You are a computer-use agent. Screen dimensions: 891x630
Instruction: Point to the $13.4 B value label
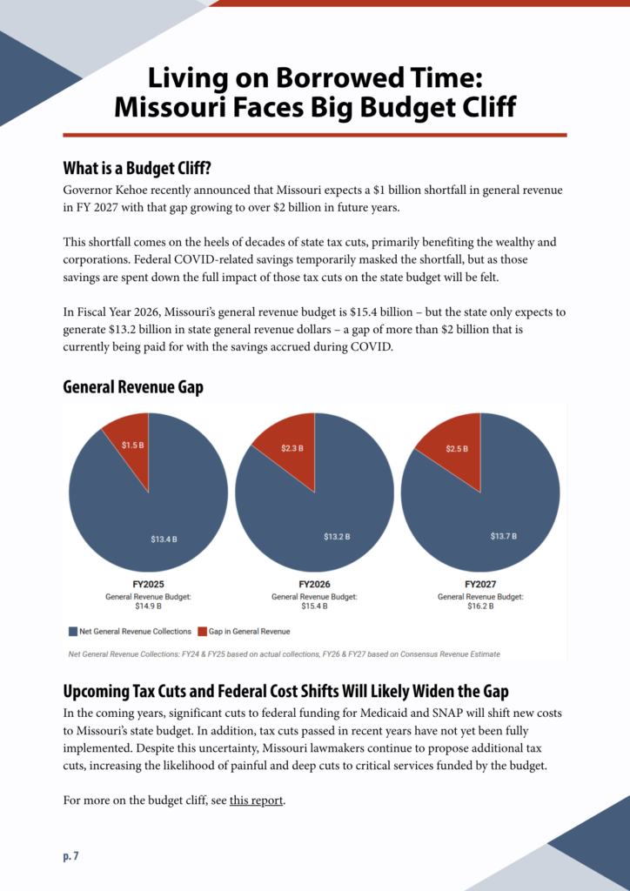(x=164, y=539)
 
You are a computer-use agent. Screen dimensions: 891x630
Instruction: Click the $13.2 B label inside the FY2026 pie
(x=338, y=536)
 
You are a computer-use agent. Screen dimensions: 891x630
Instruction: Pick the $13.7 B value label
(x=503, y=536)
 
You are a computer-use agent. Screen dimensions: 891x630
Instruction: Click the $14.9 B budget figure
(x=148, y=606)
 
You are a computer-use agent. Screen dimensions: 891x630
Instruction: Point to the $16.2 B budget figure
(x=480, y=606)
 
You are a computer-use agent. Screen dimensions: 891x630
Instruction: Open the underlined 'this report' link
(x=257, y=800)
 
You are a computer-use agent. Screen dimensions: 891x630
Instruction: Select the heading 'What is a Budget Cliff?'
(x=137, y=168)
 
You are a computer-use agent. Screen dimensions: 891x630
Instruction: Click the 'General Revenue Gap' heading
(x=132, y=387)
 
